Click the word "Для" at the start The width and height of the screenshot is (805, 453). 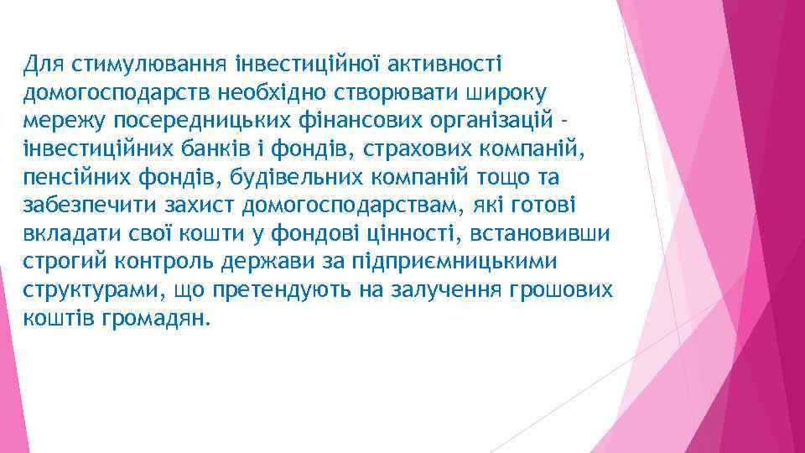point(43,64)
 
